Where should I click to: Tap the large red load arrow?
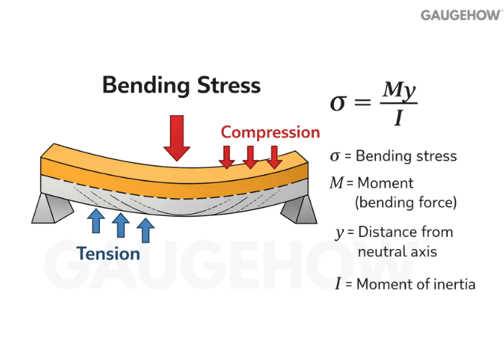tap(176, 137)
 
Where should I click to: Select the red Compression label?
tap(270, 132)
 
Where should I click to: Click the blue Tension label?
tap(109, 253)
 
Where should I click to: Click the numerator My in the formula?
tap(398, 89)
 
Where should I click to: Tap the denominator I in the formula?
tap(397, 118)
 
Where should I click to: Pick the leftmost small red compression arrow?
tap(227, 156)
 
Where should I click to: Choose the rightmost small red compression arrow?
tap(274, 156)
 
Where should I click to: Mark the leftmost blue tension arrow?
tap(96, 222)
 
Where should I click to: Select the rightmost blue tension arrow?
tap(146, 230)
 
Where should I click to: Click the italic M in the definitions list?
tap(336, 183)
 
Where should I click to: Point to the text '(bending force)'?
tap(405, 202)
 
